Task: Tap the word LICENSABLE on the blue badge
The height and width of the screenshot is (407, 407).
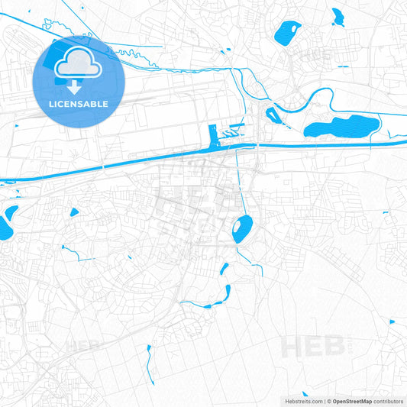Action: [79, 103]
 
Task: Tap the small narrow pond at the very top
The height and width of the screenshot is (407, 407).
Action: [337, 15]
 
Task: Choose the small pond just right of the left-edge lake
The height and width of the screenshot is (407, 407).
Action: [74, 213]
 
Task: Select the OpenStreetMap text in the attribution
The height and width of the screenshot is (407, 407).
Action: [352, 401]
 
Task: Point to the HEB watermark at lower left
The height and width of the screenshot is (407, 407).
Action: [82, 346]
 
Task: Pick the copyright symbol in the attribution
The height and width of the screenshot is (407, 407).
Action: [328, 401]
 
